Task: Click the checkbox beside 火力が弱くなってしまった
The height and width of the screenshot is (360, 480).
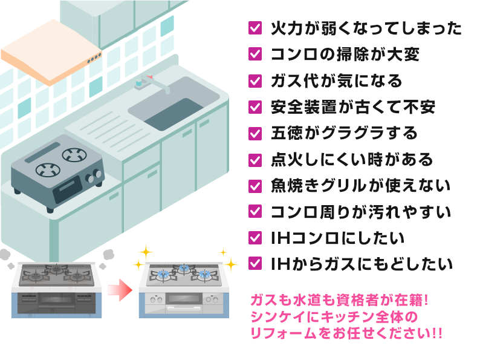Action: [x=255, y=28]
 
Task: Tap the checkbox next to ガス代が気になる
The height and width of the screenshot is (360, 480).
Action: [x=255, y=80]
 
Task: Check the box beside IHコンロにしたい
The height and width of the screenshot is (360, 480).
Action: [x=255, y=237]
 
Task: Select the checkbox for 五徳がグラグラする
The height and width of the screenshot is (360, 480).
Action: [x=255, y=133]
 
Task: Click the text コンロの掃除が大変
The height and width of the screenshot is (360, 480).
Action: [x=345, y=54]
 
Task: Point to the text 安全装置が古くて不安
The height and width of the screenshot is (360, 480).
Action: [x=352, y=107]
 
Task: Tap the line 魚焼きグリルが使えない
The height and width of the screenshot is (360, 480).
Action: [x=360, y=186]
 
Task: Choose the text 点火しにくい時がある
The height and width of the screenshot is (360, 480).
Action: [x=352, y=160]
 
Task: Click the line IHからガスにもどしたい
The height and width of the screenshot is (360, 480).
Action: [x=361, y=264]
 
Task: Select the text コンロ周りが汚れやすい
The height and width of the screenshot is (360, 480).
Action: [x=360, y=212]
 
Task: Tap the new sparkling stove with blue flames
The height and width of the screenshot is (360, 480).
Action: [x=184, y=289]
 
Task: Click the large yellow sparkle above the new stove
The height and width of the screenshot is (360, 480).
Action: [x=146, y=251]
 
